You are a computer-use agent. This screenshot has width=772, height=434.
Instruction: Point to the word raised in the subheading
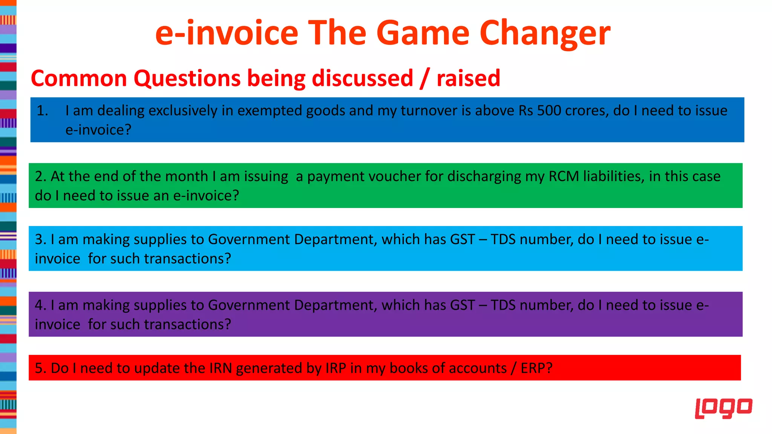pos(468,78)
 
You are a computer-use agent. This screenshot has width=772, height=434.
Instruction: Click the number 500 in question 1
pos(549,110)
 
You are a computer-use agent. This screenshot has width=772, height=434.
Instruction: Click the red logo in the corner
pos(723,408)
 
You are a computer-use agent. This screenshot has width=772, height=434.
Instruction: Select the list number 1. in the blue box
pos(43,111)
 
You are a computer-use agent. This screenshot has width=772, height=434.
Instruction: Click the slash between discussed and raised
pos(425,78)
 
